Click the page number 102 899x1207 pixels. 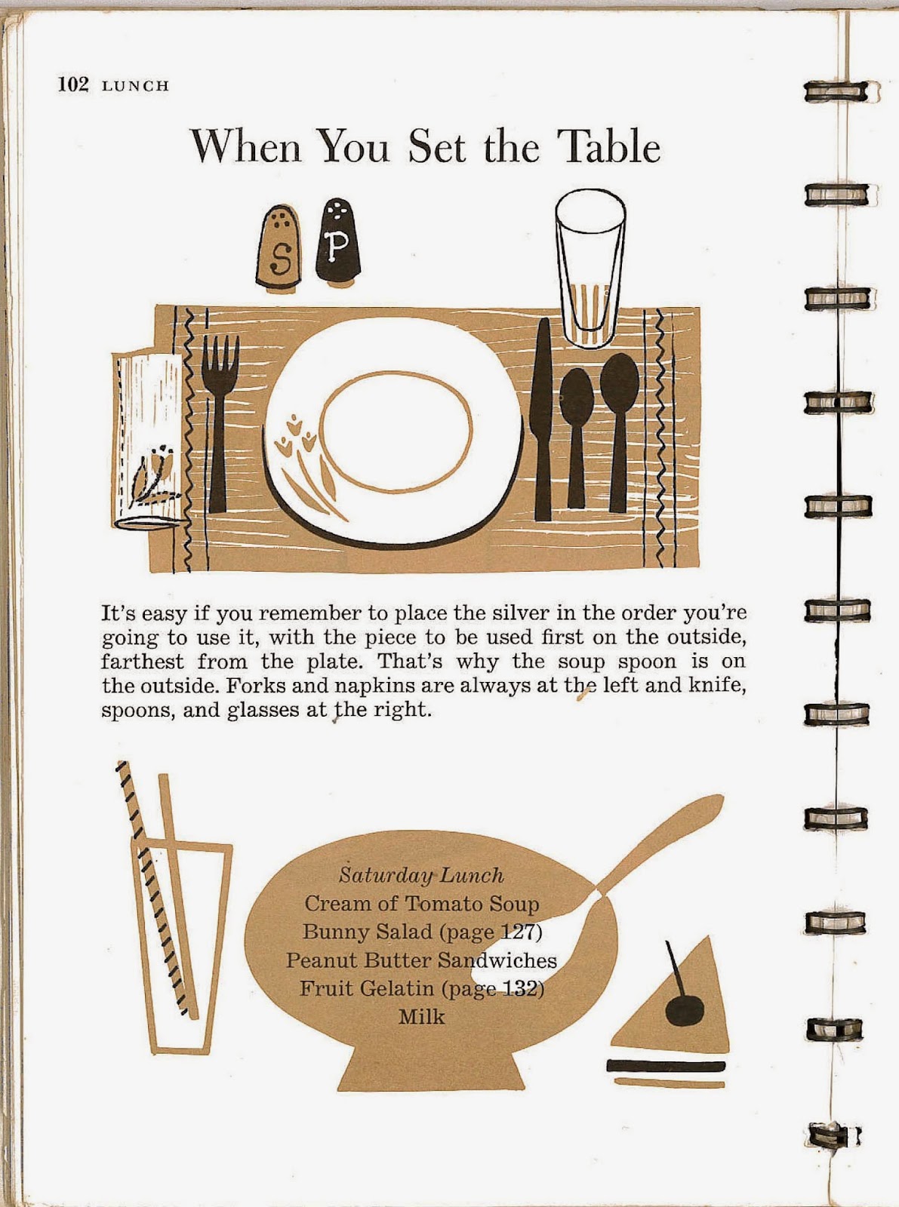pos(73,85)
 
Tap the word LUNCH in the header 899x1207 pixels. pos(136,86)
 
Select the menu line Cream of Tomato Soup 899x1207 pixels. pos(421,904)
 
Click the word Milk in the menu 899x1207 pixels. pos(421,1017)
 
